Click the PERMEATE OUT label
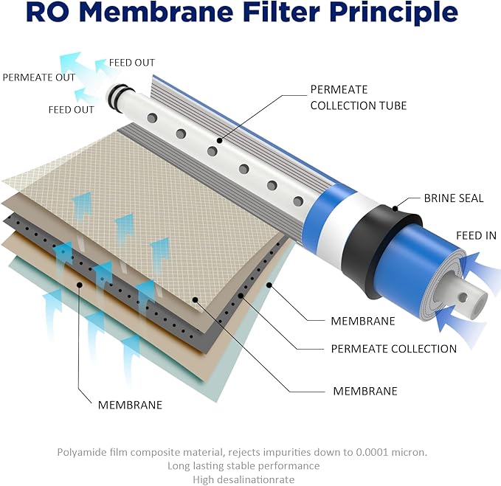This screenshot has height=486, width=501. pyautogui.click(x=38, y=77)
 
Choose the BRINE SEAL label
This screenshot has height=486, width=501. pyautogui.click(x=454, y=198)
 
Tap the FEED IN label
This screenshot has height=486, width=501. pyautogui.click(x=477, y=235)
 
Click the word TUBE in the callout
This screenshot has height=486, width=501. pyautogui.click(x=391, y=105)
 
